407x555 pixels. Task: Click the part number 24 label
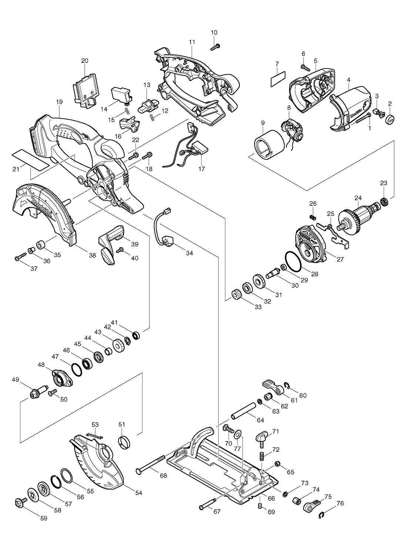click(358, 198)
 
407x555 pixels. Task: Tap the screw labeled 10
click(215, 47)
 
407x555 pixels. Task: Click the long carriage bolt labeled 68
click(151, 465)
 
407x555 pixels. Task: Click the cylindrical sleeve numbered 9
click(269, 145)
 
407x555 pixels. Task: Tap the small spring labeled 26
click(313, 217)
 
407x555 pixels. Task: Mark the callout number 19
click(60, 102)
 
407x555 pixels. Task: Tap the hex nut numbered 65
click(277, 463)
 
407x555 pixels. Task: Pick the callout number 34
click(189, 253)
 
